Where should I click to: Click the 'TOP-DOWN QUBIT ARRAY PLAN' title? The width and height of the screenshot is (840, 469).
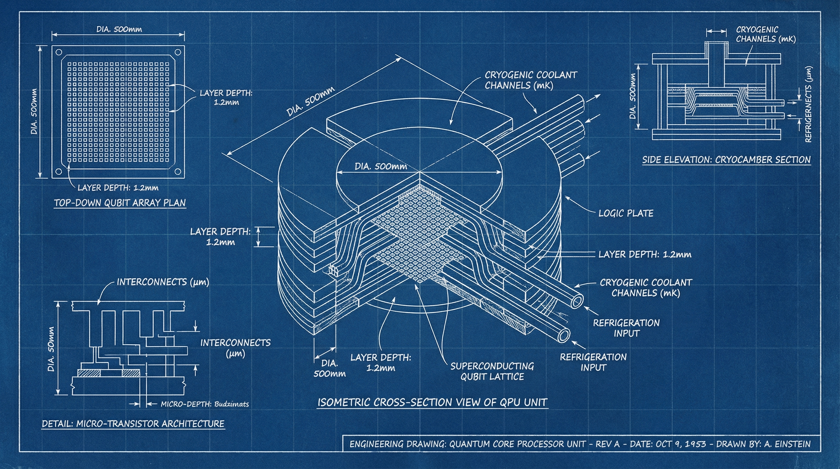(x=120, y=202)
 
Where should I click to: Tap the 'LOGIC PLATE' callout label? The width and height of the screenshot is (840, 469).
(x=626, y=213)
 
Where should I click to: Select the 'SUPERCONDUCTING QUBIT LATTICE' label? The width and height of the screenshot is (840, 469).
(x=492, y=371)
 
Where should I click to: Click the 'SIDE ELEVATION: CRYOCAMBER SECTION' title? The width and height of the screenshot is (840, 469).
(x=726, y=160)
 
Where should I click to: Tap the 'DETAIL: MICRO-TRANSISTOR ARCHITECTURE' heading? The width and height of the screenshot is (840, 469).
(x=133, y=424)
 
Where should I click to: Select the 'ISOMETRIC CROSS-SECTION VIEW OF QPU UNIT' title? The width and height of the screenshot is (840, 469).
(x=433, y=402)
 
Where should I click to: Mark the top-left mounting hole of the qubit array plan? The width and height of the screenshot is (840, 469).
(x=59, y=52)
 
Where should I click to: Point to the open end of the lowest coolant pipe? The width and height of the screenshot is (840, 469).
(x=563, y=335)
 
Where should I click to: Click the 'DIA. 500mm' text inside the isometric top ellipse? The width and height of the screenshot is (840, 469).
(x=381, y=166)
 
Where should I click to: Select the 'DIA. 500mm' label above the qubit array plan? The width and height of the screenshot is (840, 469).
(x=119, y=29)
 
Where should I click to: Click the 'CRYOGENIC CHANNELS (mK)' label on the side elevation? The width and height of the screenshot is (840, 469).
(x=766, y=34)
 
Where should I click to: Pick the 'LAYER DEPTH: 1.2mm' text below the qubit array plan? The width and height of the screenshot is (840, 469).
(x=118, y=187)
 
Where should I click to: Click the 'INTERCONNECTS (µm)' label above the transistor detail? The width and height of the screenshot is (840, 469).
(x=163, y=282)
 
